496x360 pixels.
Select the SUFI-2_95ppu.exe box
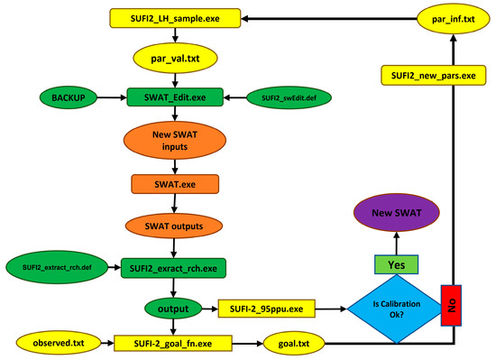[268, 308]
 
